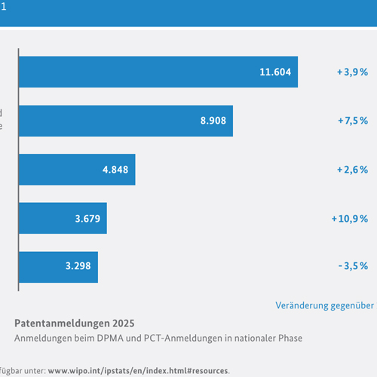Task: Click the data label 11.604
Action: pyautogui.click(x=274, y=72)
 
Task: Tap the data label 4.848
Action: pyautogui.click(x=115, y=170)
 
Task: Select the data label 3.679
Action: pyautogui.click(x=87, y=219)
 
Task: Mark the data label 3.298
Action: pyautogui.click(x=78, y=266)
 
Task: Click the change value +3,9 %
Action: pyautogui.click(x=352, y=72)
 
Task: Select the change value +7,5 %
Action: pyautogui.click(x=352, y=121)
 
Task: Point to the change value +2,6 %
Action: pyautogui.click(x=352, y=170)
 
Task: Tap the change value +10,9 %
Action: pyautogui.click(x=349, y=219)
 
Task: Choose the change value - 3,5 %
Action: pyautogui.click(x=353, y=266)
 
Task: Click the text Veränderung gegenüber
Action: pyautogui.click(x=324, y=305)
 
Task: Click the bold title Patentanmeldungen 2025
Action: pyautogui.click(x=75, y=323)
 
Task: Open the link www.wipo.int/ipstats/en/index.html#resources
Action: pyautogui.click(x=138, y=371)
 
